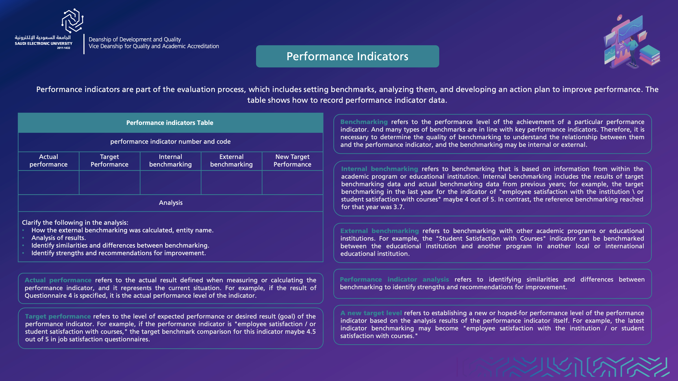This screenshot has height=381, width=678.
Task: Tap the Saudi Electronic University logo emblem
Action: click(72, 21)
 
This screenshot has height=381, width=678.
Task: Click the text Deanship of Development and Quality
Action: click(135, 39)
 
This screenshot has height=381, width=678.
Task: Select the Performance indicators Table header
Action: click(170, 123)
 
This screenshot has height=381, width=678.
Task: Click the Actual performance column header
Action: click(48, 161)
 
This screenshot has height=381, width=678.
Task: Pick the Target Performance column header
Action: click(109, 161)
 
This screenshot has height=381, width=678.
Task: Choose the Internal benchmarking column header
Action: click(170, 161)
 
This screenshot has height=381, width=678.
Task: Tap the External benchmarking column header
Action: click(231, 161)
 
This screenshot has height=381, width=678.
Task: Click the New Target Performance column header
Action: click(292, 161)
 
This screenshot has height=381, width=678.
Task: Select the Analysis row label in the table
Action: click(171, 203)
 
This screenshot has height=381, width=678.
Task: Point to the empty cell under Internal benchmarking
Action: click(170, 183)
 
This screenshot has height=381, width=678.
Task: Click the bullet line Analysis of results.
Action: click(59, 238)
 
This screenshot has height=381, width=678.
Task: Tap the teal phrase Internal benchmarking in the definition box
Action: click(379, 169)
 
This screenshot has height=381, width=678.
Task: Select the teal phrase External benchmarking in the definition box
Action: click(379, 231)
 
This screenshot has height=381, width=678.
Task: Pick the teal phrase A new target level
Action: click(371, 313)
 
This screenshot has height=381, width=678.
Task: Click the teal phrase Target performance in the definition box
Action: click(58, 316)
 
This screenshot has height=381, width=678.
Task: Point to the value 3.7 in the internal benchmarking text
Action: click(398, 207)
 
